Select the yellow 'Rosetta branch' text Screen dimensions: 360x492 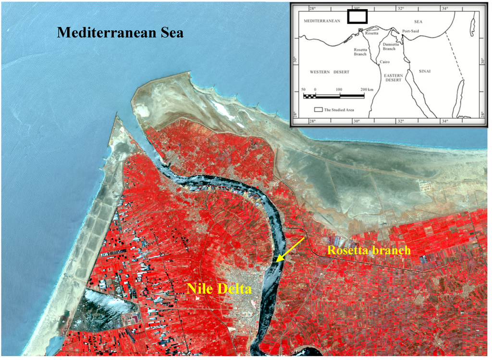(x=369, y=250)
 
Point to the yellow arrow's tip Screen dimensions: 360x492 (x=277, y=262)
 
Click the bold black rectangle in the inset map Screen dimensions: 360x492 (x=357, y=16)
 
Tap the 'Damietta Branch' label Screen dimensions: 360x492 (x=389, y=46)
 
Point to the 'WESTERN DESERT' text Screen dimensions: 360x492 (x=329, y=72)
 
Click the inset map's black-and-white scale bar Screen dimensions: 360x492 (x=333, y=96)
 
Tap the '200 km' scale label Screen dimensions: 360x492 (x=367, y=90)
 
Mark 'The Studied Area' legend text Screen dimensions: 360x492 (x=339, y=110)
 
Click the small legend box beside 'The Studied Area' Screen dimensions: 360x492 (x=318, y=110)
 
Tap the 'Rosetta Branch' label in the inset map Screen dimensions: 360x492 (x=361, y=51)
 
